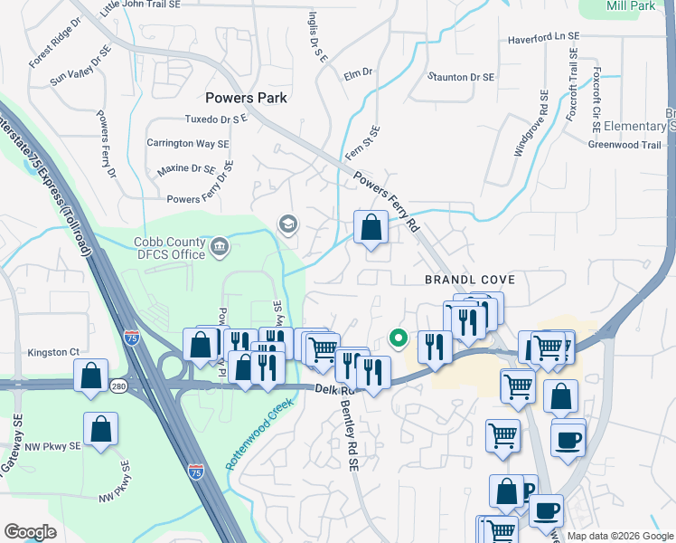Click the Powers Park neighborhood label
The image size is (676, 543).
point(246,98)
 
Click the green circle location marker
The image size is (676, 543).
point(397,338)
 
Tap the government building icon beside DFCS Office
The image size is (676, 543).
point(220,247)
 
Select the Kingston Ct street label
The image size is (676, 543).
point(54,352)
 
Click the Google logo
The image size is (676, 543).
point(31,532)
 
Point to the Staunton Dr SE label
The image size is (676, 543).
point(461,78)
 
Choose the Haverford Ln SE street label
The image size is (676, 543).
point(543,37)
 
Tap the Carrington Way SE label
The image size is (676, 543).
point(188,144)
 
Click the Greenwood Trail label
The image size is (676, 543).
point(624,145)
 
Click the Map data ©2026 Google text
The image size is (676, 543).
point(619,536)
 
